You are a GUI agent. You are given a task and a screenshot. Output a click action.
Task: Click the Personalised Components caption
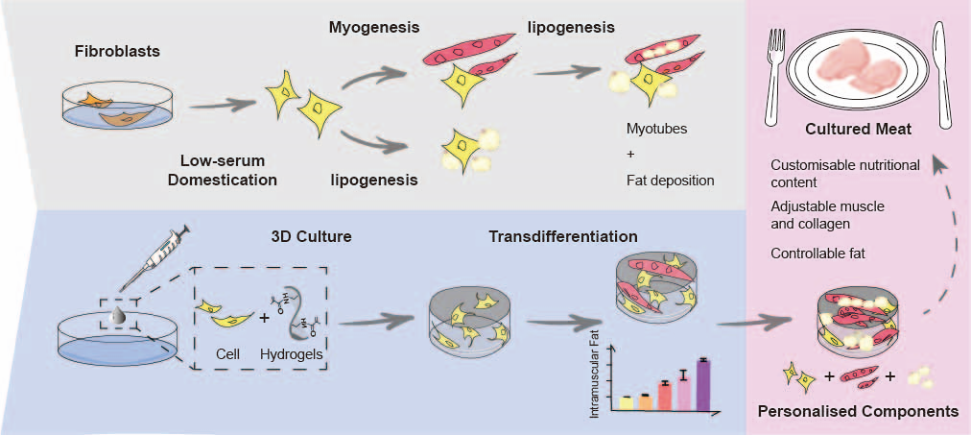[x=858, y=411]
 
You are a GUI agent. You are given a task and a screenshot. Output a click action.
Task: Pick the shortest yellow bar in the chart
[x=626, y=402]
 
